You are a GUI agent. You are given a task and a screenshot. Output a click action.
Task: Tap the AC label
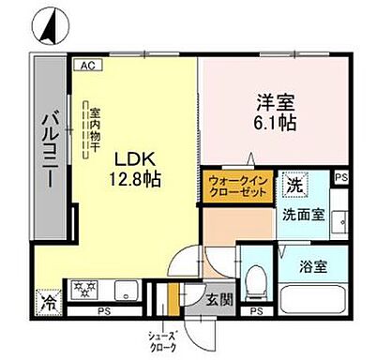86,66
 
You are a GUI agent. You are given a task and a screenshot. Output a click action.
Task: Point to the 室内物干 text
94,130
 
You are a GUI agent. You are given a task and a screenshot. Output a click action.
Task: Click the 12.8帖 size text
138,180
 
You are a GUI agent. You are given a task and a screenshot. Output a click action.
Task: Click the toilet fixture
255,279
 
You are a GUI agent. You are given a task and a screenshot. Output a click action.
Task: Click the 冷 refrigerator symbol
47,302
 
